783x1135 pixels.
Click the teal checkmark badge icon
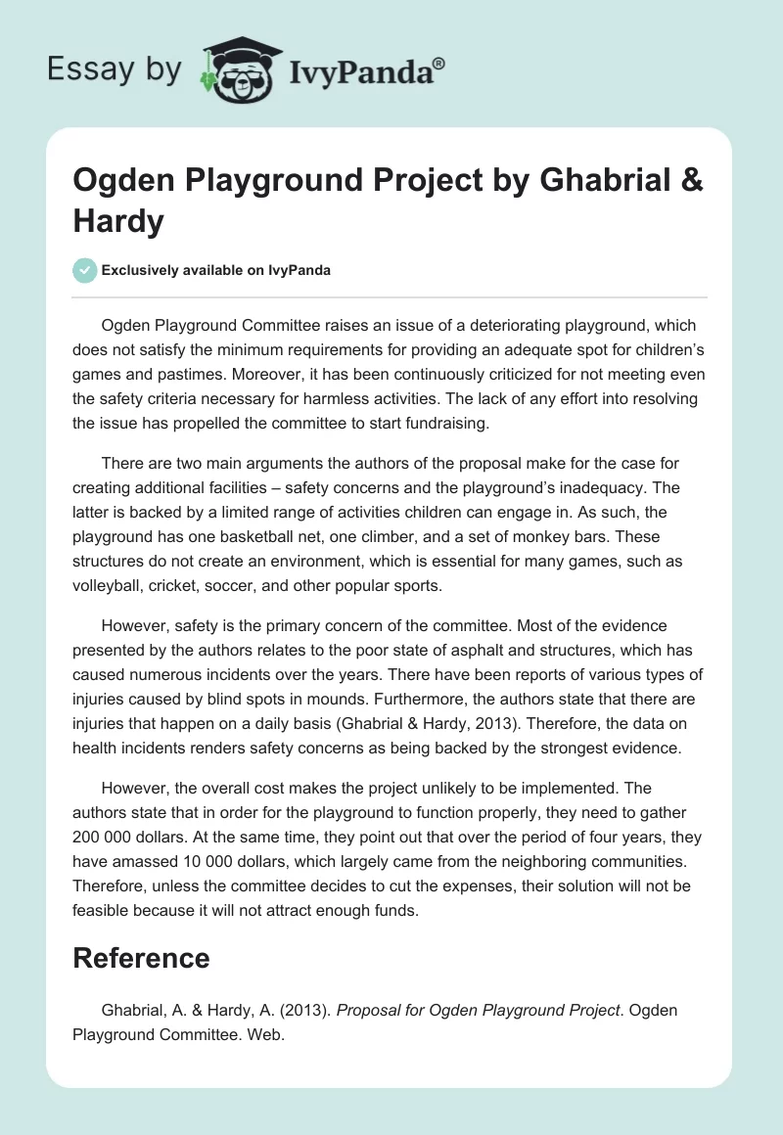pos(85,270)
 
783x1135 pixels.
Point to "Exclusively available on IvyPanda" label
pos(215,271)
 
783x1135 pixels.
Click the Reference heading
pos(141,957)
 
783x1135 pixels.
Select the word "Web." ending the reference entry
pos(263,1033)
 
